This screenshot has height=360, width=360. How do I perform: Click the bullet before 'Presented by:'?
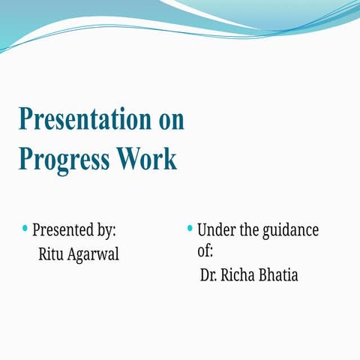tap(25, 227)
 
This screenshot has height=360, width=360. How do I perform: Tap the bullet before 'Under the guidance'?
tap(190, 227)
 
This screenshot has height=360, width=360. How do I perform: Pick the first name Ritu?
tap(51, 254)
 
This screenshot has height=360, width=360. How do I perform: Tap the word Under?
tap(216, 229)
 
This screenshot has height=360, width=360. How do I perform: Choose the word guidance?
tap(290, 230)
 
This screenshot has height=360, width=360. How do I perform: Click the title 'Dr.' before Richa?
tap(208, 275)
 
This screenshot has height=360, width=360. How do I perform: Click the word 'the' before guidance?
tap(249, 229)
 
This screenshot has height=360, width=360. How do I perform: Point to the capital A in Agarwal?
tap(73, 254)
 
